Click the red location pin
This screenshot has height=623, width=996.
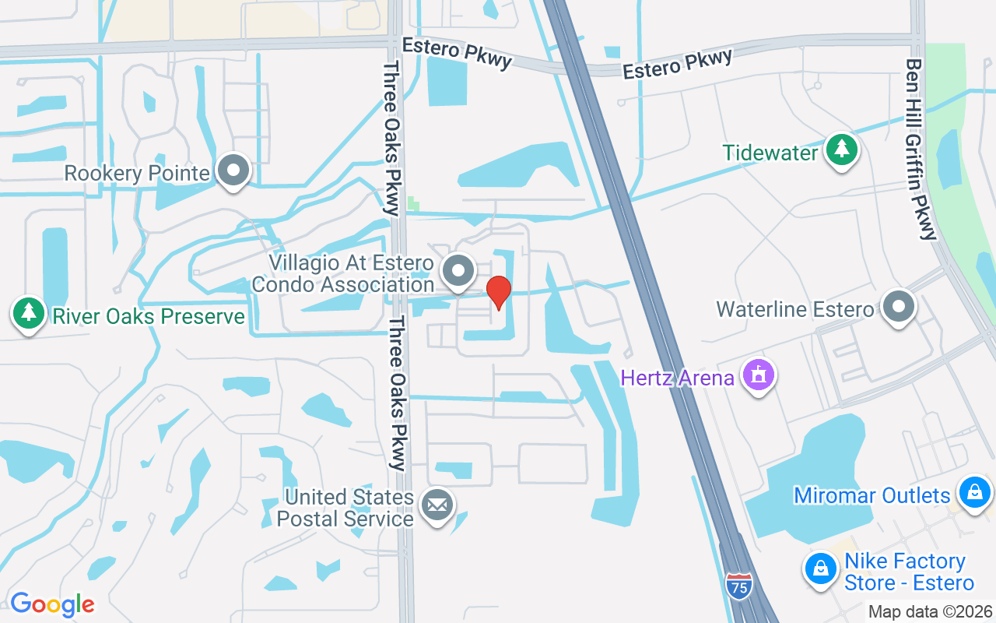click(x=498, y=292)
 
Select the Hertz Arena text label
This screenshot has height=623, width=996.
click(x=677, y=378)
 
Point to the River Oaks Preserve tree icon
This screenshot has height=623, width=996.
click(x=29, y=313)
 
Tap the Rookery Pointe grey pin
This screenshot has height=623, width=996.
click(x=233, y=171)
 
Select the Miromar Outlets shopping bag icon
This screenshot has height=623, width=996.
click(x=973, y=492)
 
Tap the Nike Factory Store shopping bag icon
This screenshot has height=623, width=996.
click(x=820, y=569)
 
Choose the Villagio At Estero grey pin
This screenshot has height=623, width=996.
click(x=458, y=272)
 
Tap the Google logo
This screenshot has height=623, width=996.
click(x=52, y=604)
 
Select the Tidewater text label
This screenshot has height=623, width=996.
click(x=770, y=153)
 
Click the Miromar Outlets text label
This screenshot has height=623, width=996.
click(x=871, y=495)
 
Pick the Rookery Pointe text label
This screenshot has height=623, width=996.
click(x=137, y=173)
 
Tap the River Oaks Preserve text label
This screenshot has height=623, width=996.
click(x=148, y=316)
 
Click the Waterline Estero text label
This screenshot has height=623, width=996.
click(x=794, y=309)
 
